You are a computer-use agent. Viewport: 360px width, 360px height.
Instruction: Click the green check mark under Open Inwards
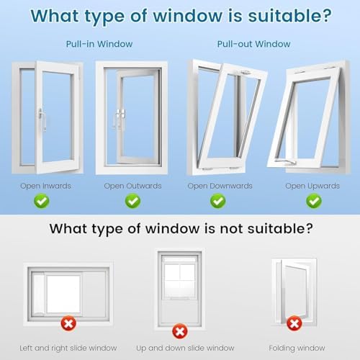pyautogui.click(x=42, y=201)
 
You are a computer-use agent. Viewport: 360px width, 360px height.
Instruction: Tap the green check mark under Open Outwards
pyautogui.click(x=132, y=201)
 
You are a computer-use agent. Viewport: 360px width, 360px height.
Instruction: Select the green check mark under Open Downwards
pyautogui.click(x=218, y=201)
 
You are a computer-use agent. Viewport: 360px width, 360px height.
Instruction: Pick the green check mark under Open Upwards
pyautogui.click(x=314, y=201)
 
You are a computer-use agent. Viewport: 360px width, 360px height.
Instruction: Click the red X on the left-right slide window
pyautogui.click(x=68, y=323)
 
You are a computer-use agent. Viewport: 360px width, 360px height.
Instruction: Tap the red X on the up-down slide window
pyautogui.click(x=180, y=331)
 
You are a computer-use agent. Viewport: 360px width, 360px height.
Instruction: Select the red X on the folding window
pyautogui.click(x=294, y=323)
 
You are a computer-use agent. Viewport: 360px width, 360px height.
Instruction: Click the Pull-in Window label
pyautogui.click(x=99, y=44)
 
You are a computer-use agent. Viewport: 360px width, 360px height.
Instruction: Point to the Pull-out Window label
pyautogui.click(x=253, y=44)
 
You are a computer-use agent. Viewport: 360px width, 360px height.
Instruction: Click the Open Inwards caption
pyautogui.click(x=45, y=186)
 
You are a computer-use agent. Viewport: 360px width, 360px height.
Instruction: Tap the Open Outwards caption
pyautogui.click(x=132, y=186)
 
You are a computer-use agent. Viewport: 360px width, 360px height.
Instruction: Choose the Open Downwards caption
pyautogui.click(x=220, y=186)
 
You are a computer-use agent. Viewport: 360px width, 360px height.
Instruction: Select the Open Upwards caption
pyautogui.click(x=312, y=186)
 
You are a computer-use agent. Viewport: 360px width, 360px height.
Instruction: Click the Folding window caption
pyautogui.click(x=297, y=348)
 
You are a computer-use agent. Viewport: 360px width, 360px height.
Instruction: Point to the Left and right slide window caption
pyautogui.click(x=68, y=348)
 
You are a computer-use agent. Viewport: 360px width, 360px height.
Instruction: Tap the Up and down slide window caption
pyautogui.click(x=185, y=348)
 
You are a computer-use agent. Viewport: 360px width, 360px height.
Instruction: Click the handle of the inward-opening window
pyautogui.click(x=42, y=120)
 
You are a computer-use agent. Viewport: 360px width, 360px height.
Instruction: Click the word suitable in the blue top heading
pyautogui.click(x=289, y=16)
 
